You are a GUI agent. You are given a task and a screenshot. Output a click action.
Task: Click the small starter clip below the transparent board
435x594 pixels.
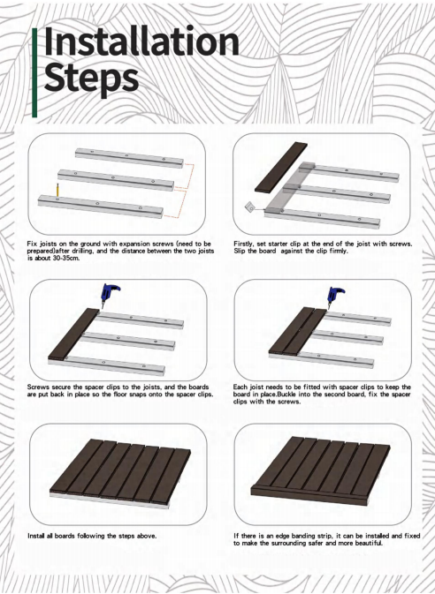(x=250, y=207)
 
